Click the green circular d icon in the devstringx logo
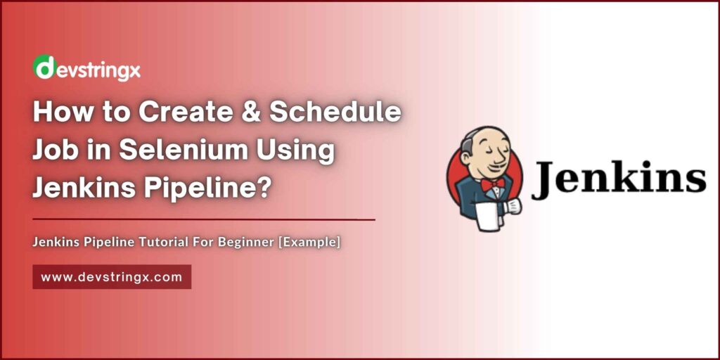tap(44, 67)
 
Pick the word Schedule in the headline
tap(335, 114)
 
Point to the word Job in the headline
tap(55, 151)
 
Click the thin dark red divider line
tap(204, 219)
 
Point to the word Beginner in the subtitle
tap(253, 243)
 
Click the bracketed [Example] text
tap(309, 243)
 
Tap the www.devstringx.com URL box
tap(112, 277)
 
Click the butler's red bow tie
tap(492, 184)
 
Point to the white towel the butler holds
tap(487, 215)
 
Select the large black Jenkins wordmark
tap(619, 179)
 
